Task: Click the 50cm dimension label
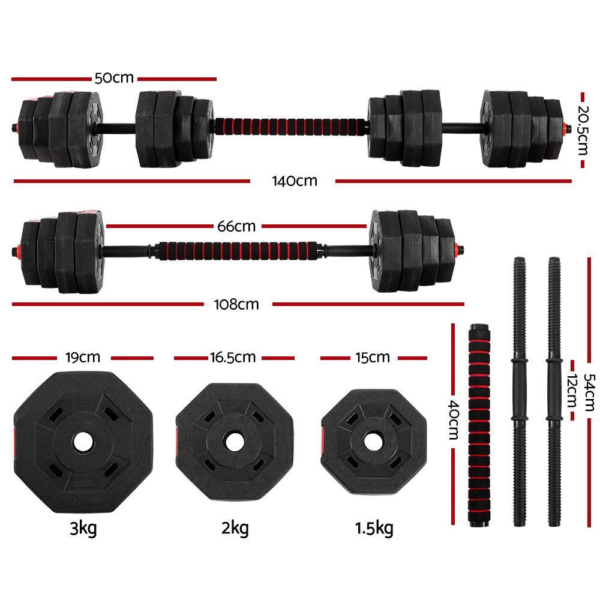(114, 79)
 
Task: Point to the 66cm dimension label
(236, 227)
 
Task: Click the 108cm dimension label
(237, 304)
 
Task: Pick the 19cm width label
(83, 358)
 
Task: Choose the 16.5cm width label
(233, 358)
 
